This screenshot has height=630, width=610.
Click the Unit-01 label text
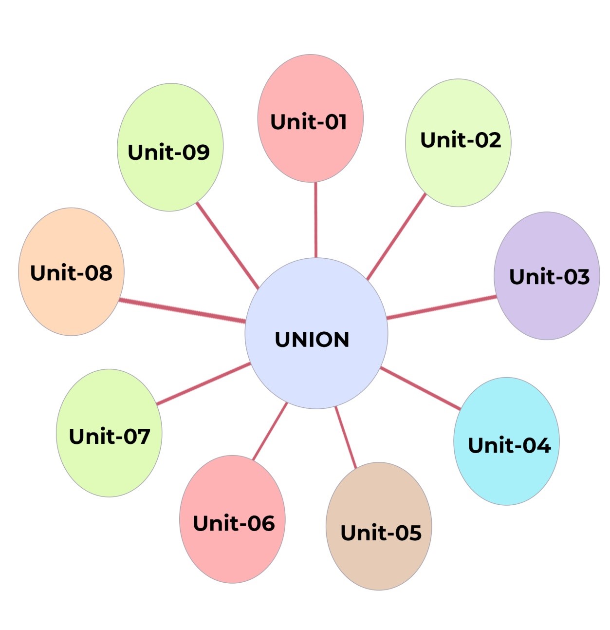309,122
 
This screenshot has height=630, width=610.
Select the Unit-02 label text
461,140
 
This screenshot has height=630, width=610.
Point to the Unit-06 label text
234,523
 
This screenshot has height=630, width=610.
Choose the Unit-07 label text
110,436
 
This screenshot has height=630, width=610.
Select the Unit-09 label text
168,153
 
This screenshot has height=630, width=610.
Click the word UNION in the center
312,340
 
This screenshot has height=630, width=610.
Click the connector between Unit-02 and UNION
396,237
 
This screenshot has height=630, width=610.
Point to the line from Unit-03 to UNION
442,307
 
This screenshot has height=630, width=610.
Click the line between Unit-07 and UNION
203,384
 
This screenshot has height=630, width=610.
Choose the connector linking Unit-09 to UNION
227,246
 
